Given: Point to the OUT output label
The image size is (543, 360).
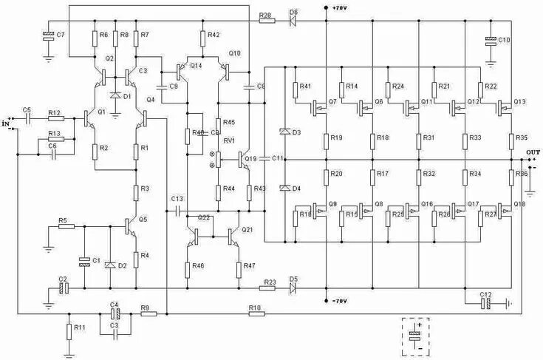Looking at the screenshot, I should pyautogui.click(x=532, y=152).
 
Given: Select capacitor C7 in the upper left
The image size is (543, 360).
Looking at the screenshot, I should pyautogui.click(x=49, y=35).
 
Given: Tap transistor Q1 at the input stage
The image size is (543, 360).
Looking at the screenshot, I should pyautogui.click(x=92, y=116).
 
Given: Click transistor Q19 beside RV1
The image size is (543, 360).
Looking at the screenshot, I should pyautogui.click(x=245, y=157).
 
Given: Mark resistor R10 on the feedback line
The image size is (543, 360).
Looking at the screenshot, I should pyautogui.click(x=256, y=313).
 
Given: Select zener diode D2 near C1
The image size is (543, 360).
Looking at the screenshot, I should pyautogui.click(x=110, y=264).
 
